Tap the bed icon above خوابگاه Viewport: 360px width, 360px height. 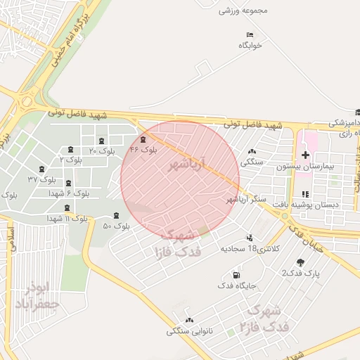250,34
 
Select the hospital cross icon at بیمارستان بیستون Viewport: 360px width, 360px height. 305,155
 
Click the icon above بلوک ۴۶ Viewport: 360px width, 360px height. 144,139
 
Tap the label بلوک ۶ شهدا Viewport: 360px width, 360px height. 69,193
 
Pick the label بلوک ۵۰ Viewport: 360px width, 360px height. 117,226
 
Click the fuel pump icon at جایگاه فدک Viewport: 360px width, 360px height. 235,274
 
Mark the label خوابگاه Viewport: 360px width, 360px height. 250,45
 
